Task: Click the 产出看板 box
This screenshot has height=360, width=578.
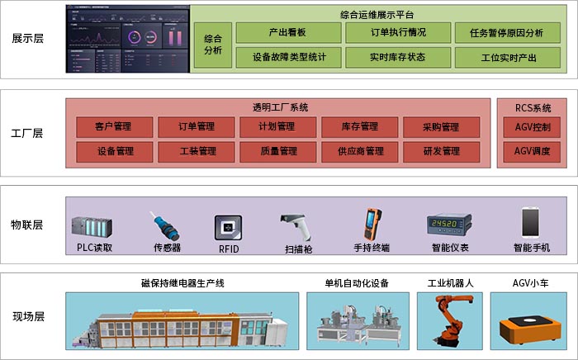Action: [288, 33]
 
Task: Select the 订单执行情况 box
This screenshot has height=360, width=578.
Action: [399, 33]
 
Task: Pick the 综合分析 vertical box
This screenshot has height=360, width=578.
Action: [213, 45]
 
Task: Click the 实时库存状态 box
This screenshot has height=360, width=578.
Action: [399, 57]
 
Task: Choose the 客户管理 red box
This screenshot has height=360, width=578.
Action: [114, 127]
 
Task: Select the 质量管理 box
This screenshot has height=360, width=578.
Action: [277, 152]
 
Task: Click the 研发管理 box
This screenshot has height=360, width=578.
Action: [441, 152]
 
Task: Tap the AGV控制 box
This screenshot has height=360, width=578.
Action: [532, 127]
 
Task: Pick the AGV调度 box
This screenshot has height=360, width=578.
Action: [532, 152]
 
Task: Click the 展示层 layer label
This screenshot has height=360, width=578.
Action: [27, 37]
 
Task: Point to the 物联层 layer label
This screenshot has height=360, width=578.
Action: [27, 225]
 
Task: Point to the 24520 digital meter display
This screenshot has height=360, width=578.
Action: [448, 225]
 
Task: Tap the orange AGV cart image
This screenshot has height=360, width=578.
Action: [532, 322]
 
